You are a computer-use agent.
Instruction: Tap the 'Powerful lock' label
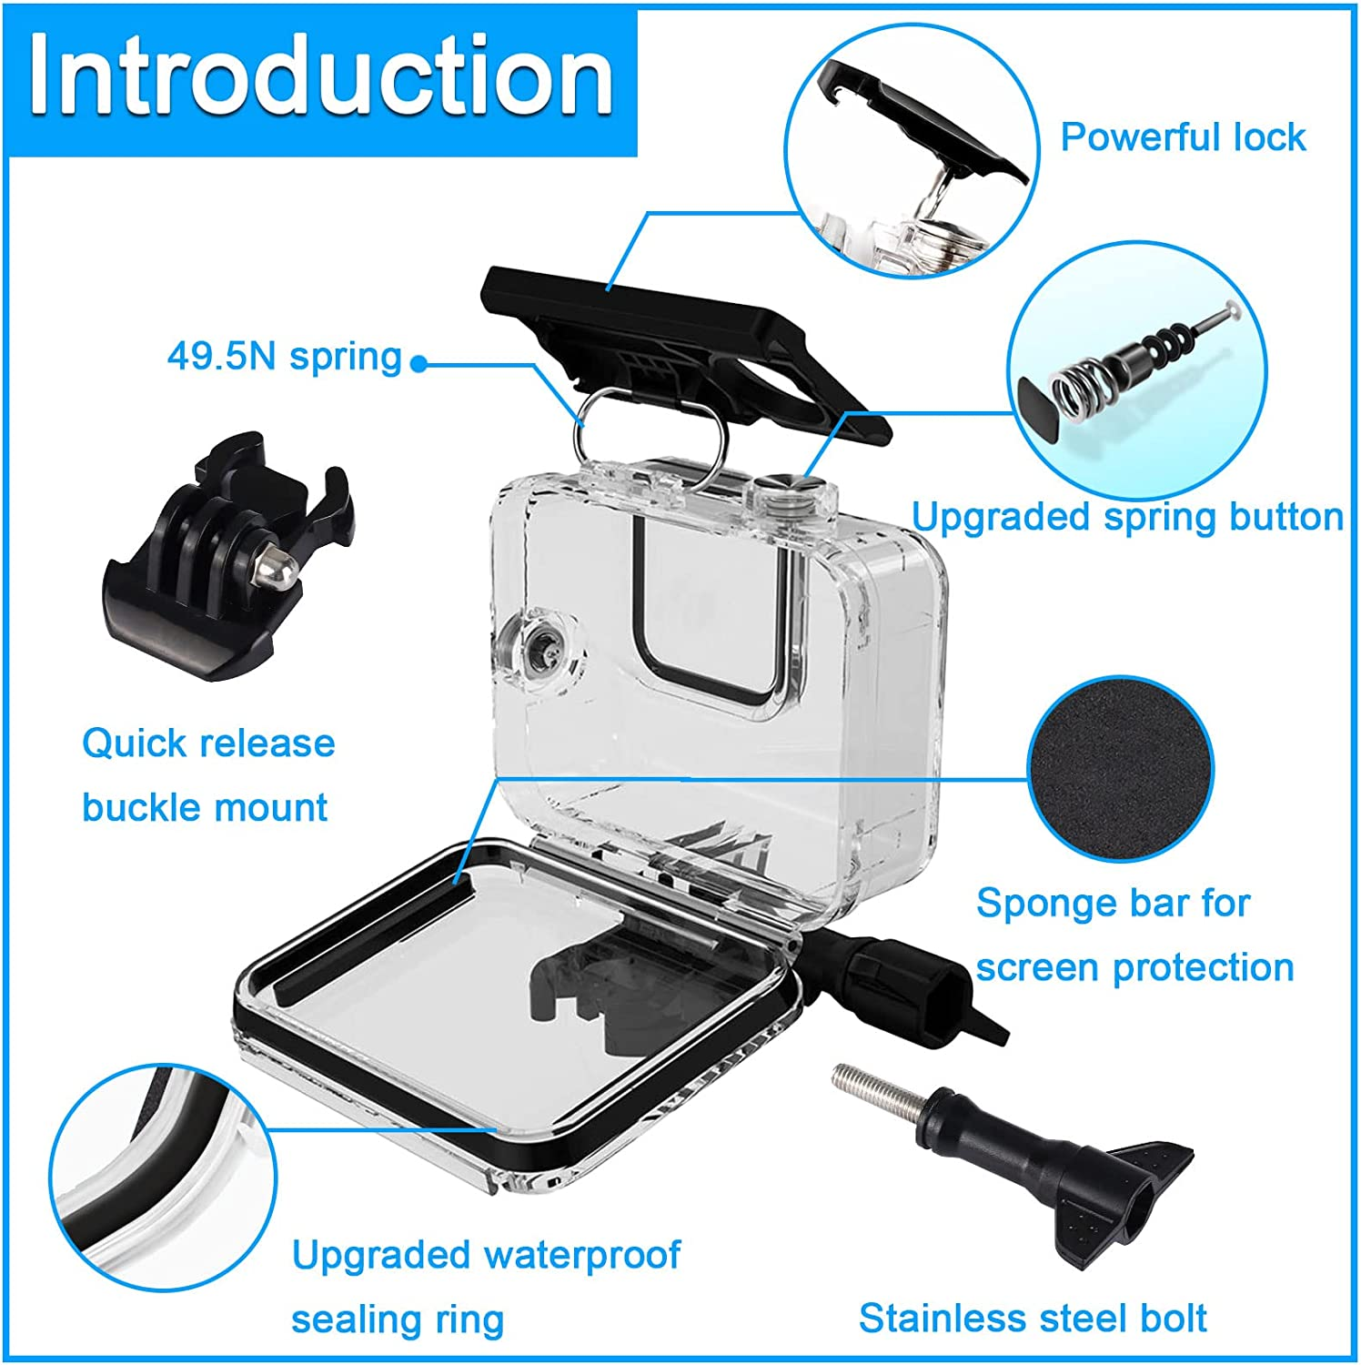pos(1183,137)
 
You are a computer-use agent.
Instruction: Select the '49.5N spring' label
pos(284,356)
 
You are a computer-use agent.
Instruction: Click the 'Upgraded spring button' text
pos(1127,517)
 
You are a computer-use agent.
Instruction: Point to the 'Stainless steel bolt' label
pos(1033,1317)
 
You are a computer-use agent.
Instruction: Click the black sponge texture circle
pos(1120,770)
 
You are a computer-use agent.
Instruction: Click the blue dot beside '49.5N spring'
pos(418,364)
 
